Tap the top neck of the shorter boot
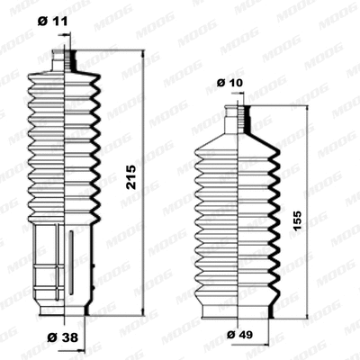[x=240, y=116]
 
